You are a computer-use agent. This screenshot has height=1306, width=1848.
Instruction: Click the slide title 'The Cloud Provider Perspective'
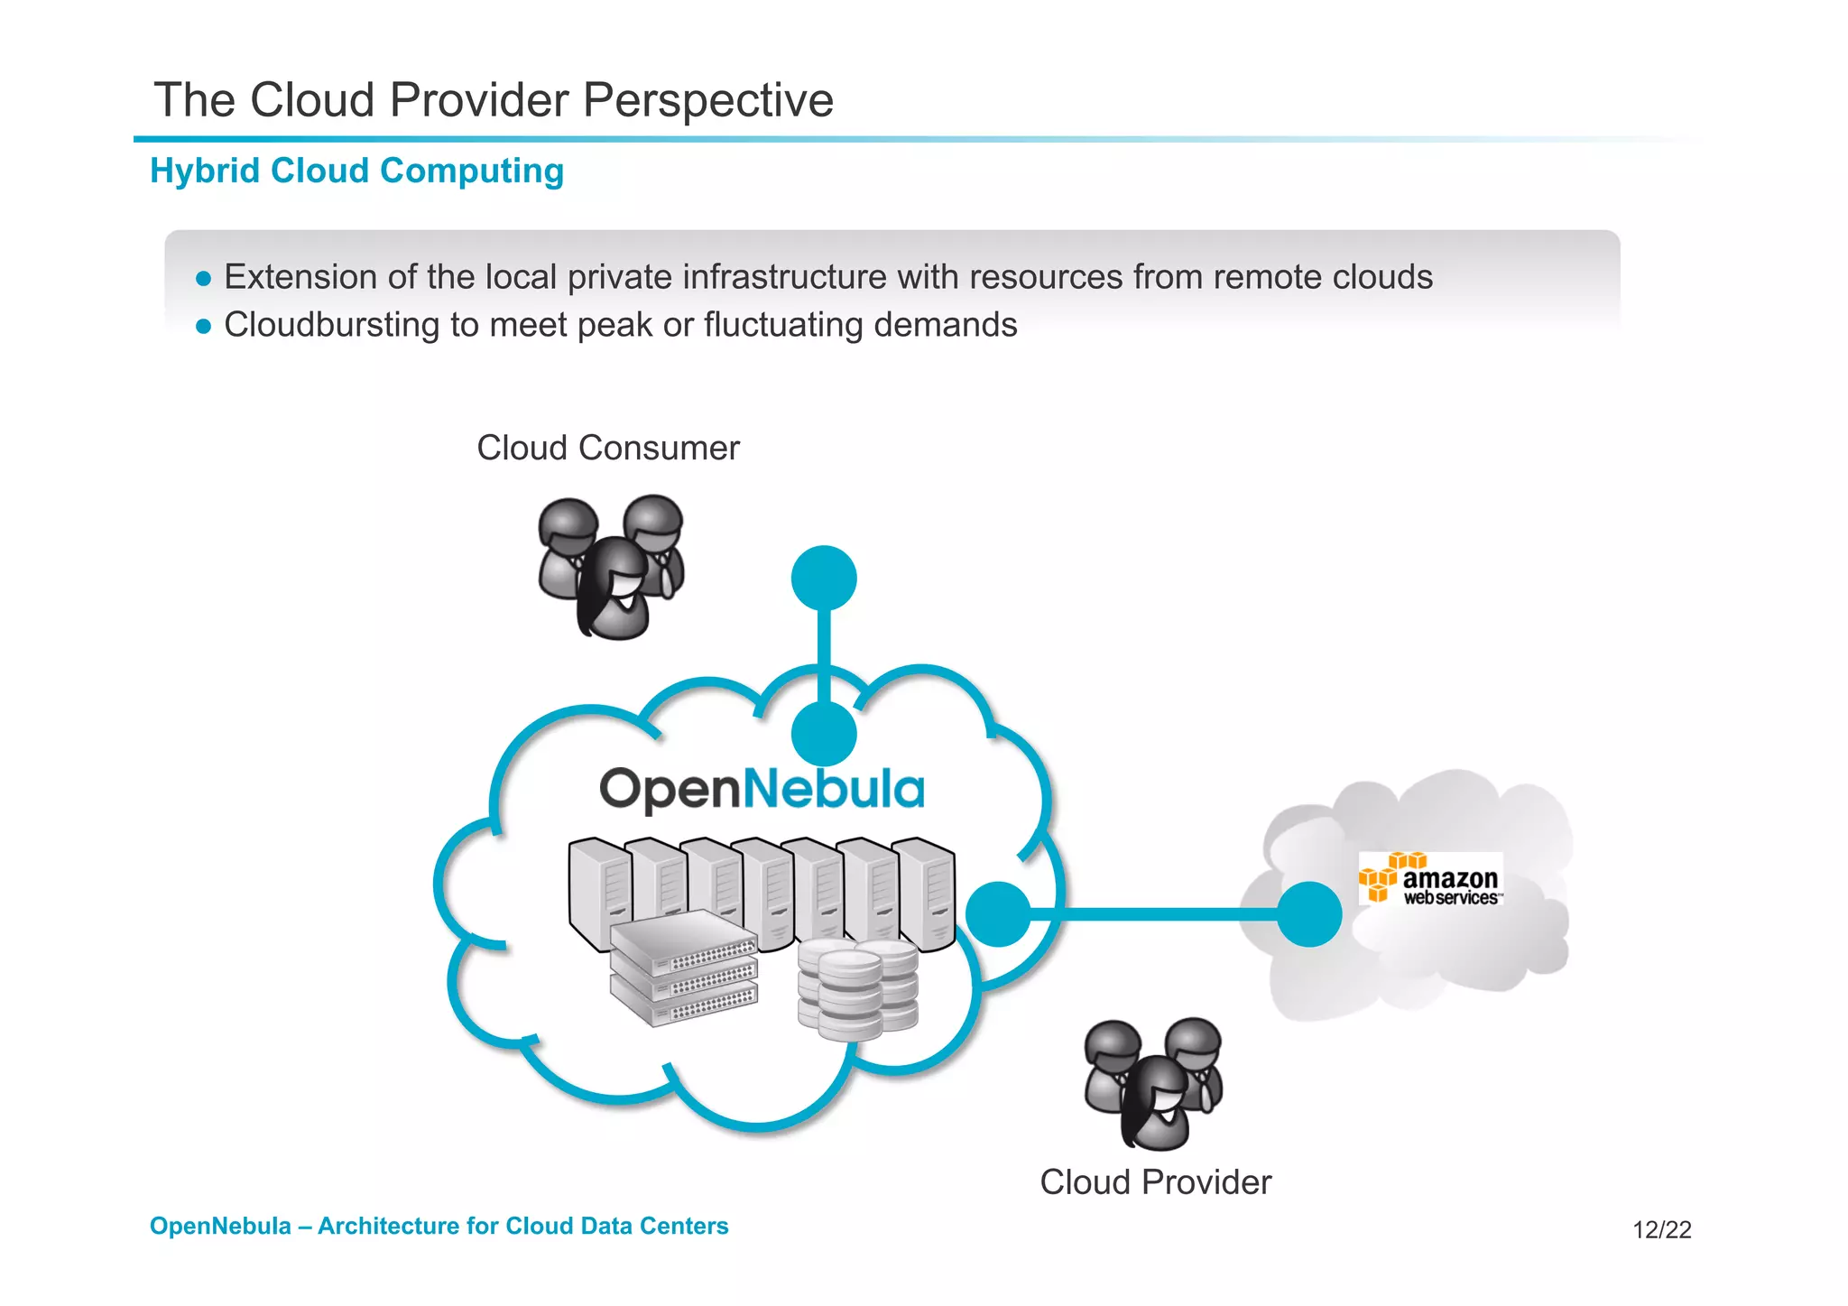click(x=494, y=99)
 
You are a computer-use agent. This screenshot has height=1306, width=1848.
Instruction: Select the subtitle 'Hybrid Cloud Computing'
click(x=357, y=171)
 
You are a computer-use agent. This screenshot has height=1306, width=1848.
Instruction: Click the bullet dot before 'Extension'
click(x=204, y=278)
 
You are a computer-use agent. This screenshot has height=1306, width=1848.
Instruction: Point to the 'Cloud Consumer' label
click(x=607, y=448)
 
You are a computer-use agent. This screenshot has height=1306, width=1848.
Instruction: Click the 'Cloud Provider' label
click(x=1155, y=1181)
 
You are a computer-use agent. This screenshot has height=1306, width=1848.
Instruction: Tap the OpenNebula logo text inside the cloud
click(x=762, y=789)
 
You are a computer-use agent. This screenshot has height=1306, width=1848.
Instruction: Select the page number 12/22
click(x=1661, y=1229)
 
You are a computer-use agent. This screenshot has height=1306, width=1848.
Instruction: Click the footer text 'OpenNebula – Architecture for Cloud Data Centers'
click(x=439, y=1226)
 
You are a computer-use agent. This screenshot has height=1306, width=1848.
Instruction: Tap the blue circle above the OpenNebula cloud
click(x=824, y=578)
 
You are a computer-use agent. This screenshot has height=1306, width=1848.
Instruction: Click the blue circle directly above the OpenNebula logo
click(x=824, y=734)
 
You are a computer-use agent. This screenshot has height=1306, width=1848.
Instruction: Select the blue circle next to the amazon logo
click(x=1309, y=914)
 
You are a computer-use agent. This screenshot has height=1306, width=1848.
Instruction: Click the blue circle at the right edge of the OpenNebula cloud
click(x=998, y=914)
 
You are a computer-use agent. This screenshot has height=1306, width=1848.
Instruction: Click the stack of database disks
click(x=857, y=988)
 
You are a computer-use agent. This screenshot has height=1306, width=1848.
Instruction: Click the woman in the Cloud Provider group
click(x=1158, y=1103)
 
